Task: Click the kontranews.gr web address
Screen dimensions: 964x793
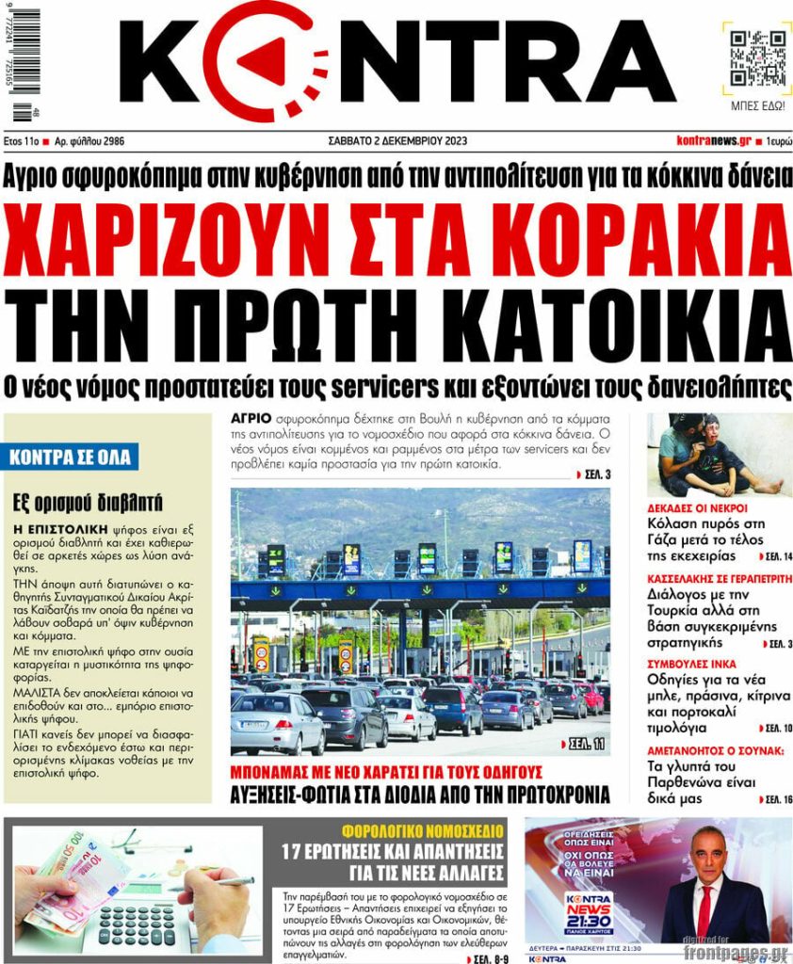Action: pos(713,141)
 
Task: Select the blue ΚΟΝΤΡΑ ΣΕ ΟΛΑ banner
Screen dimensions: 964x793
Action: pos(73,458)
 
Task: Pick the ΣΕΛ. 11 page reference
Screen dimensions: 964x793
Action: pos(586,745)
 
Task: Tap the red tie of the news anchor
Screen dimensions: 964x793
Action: pos(704,909)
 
